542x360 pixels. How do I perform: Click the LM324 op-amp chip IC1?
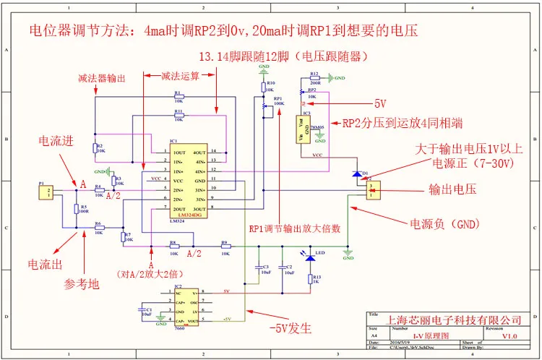tap(189, 180)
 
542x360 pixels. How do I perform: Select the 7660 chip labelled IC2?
tap(187, 307)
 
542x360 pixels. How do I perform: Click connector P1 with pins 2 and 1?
tap(46, 192)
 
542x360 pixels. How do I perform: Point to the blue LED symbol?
tap(311, 257)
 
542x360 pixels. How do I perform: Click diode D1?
tap(357, 174)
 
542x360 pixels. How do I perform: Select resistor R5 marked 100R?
tap(77, 210)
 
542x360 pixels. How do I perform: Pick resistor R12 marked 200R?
tap(313, 78)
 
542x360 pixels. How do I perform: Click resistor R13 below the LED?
tap(311, 278)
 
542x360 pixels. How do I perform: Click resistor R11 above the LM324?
tap(178, 116)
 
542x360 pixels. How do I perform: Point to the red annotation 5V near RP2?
tap(381, 103)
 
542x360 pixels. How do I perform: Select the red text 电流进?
tap(59, 142)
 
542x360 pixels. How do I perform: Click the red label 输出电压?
tap(454, 190)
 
